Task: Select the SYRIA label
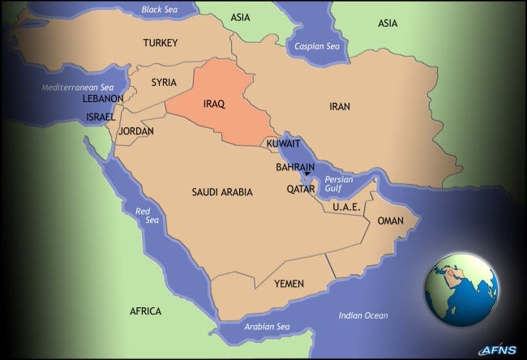[165, 83]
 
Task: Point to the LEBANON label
[103, 98]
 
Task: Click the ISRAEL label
[101, 117]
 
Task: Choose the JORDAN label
[135, 131]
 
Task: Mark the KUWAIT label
[284, 144]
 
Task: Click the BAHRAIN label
[294, 165]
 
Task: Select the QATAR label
[300, 189]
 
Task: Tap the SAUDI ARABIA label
[222, 192]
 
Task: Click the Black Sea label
[159, 10]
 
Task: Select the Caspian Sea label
[316, 45]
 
